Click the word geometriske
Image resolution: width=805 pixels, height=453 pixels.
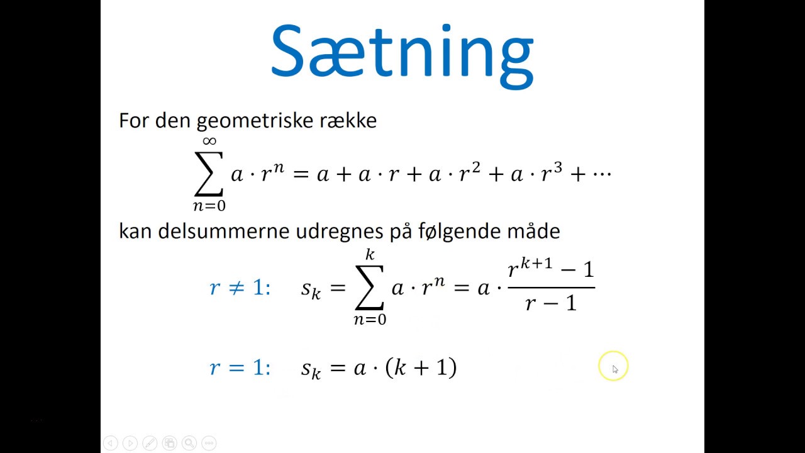262,120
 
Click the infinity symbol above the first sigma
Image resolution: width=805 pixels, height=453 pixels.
209,142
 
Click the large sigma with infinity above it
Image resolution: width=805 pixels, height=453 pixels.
209,174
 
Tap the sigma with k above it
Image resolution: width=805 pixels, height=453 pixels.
369,288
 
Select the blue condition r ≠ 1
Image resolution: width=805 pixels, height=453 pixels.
240,288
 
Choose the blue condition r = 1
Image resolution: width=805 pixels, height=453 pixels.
240,367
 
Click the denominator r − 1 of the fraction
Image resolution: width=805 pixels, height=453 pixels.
551,304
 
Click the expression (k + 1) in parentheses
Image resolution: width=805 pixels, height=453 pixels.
421,367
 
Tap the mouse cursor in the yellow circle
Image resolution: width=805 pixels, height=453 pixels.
614,369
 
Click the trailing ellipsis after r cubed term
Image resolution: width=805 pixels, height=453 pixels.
602,174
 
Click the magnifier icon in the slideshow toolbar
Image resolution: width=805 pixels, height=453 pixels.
189,443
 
